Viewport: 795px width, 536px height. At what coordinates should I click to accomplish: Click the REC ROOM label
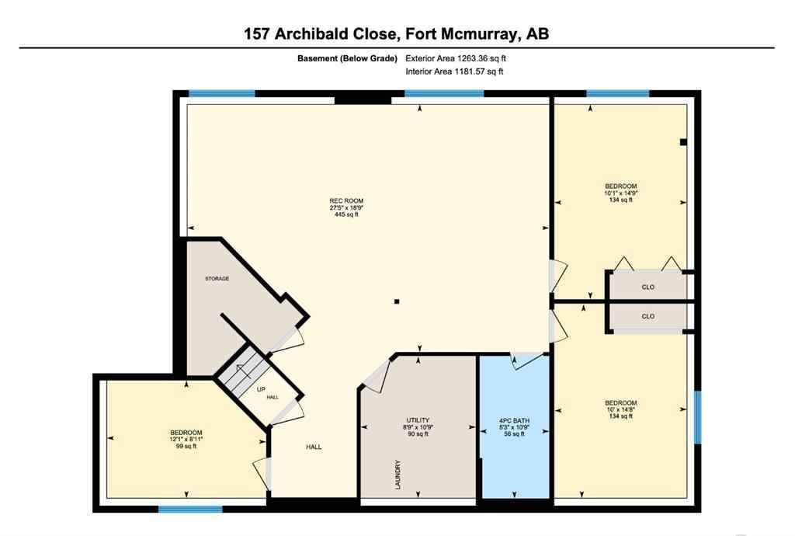tap(346, 201)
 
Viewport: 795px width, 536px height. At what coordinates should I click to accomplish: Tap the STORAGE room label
tap(217, 278)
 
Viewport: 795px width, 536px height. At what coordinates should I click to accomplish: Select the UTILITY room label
tap(418, 420)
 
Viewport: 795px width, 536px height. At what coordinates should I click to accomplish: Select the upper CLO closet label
tap(647, 287)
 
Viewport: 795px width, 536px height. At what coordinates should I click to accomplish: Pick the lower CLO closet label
tap(647, 316)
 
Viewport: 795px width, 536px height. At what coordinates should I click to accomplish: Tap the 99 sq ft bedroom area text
tap(186, 447)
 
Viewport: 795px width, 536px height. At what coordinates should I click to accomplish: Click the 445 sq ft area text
tap(346, 215)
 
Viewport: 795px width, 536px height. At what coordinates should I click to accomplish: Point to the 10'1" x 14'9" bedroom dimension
tap(621, 193)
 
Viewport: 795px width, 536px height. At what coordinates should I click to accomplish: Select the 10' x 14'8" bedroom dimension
tap(621, 409)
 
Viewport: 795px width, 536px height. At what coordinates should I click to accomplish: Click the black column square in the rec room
tap(397, 301)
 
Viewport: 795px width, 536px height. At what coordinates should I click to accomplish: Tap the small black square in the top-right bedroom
tap(682, 142)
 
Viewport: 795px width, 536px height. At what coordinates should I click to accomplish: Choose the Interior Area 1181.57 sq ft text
tap(455, 72)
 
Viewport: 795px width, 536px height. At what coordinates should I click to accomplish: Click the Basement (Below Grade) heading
tap(347, 58)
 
